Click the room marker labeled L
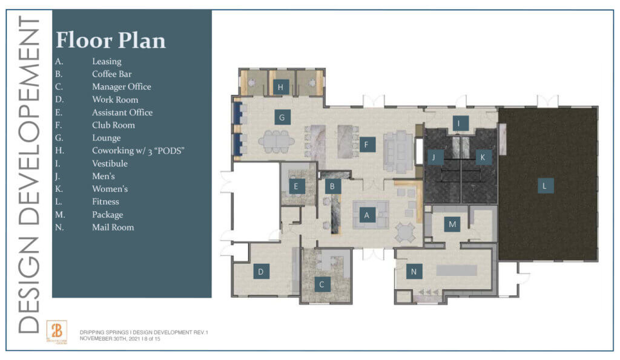tap(544, 186)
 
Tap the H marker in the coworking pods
tap(280, 87)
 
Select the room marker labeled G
tap(282, 117)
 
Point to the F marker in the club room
tap(366, 145)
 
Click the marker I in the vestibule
tap(460, 124)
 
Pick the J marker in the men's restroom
tap(434, 157)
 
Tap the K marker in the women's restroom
tap(482, 157)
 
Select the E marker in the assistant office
tap(296, 186)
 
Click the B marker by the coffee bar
tap(331, 186)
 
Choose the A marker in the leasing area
tap(365, 214)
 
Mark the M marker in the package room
tap(452, 224)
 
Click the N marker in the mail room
tap(414, 272)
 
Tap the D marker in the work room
tap(261, 272)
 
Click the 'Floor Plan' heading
tap(111, 41)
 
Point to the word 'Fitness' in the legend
tap(105, 201)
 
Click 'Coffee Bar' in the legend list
tap(111, 74)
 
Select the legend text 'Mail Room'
tap(113, 227)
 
